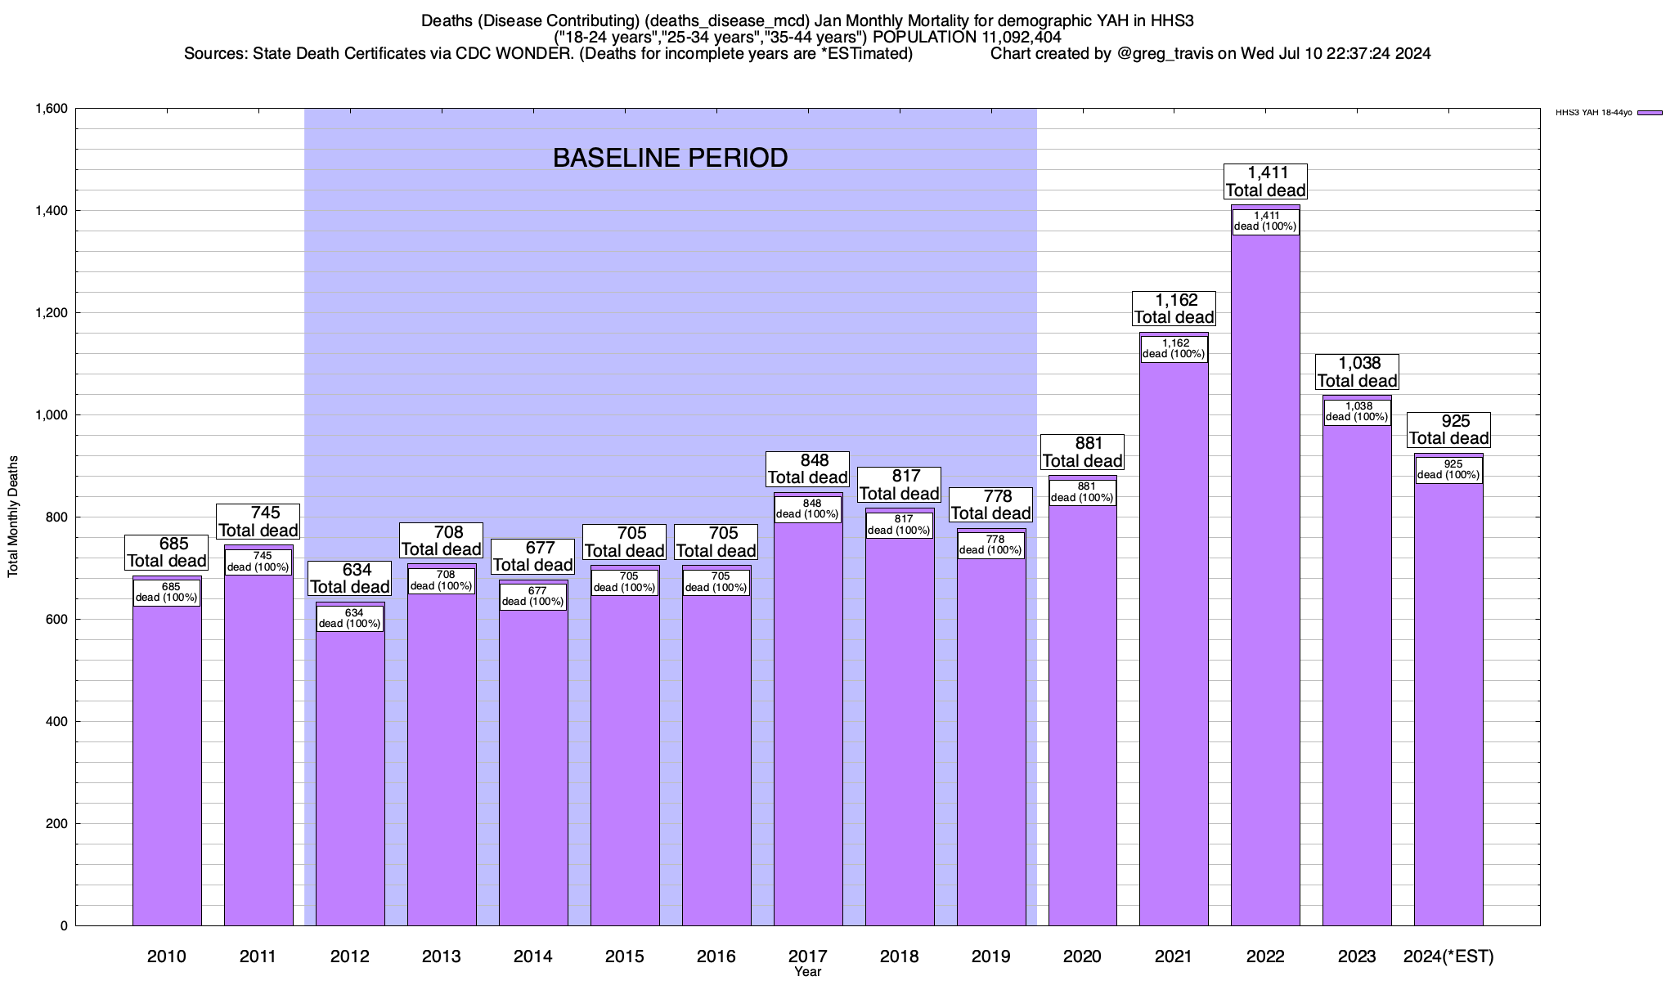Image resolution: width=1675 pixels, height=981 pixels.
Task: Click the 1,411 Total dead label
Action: pos(1265,181)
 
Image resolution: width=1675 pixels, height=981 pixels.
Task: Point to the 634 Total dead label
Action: pos(350,579)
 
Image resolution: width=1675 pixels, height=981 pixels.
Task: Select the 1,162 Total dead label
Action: pos(1174,309)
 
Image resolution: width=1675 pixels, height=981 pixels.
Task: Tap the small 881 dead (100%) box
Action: pos(1082,492)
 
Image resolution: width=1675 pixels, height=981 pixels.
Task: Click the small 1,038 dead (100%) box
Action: pos(1357,412)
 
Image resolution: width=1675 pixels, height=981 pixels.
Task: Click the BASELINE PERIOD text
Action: pos(670,158)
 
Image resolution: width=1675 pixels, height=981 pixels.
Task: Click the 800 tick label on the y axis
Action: pos(57,517)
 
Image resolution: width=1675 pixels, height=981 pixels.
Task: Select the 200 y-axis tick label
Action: pos(57,824)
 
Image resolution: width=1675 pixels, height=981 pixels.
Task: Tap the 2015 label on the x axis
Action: pos(625,956)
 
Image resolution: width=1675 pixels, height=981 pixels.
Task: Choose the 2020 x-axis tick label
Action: pos(1082,956)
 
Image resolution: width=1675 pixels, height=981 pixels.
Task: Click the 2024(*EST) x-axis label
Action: pos(1448,956)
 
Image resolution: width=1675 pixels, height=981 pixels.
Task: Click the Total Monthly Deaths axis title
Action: pos(13,517)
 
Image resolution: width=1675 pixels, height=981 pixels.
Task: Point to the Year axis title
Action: pos(807,972)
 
